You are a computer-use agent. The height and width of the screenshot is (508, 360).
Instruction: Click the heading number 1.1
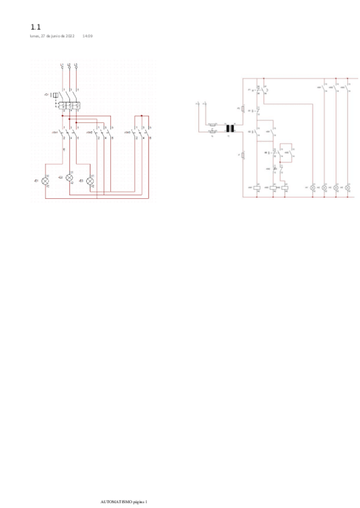click(35, 27)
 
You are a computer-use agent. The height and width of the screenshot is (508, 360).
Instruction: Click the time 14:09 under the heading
click(87, 36)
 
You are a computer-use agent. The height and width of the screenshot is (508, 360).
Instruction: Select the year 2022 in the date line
click(69, 36)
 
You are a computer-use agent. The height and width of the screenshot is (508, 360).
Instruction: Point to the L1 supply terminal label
click(62, 63)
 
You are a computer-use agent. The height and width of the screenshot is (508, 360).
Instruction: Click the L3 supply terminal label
click(76, 63)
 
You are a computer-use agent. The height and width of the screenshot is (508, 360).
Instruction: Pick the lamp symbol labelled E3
click(90, 180)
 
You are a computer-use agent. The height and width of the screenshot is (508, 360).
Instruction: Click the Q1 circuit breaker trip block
click(55, 95)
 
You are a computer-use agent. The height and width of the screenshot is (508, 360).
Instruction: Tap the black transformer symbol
click(229, 128)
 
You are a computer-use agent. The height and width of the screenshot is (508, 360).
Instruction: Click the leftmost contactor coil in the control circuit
click(257, 188)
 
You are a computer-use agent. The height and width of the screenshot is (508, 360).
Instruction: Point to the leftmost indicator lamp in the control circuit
click(313, 188)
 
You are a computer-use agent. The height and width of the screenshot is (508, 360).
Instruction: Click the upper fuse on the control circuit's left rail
click(243, 108)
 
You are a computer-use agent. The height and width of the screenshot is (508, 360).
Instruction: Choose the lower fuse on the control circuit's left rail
click(243, 155)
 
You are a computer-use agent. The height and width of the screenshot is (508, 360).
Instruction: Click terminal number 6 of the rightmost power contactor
click(150, 139)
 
